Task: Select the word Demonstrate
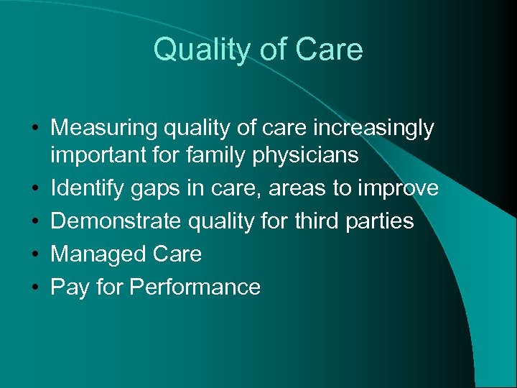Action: pyautogui.click(x=115, y=221)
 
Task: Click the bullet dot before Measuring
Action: pyautogui.click(x=34, y=129)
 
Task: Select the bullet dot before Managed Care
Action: pyautogui.click(x=34, y=254)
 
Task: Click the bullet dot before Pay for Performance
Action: pyautogui.click(x=34, y=287)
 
